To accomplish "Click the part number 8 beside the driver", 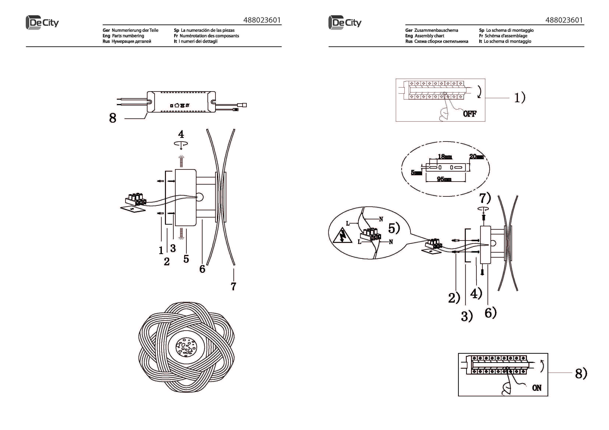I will pyautogui.click(x=113, y=118).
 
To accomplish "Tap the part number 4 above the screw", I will pyautogui.click(x=181, y=134).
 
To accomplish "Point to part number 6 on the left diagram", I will pyautogui.click(x=202, y=269).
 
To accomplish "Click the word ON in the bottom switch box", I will pyautogui.click(x=537, y=388).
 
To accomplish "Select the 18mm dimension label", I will pyautogui.click(x=445, y=157).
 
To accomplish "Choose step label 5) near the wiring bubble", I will pyautogui.click(x=394, y=228).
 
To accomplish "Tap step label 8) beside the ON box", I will pyautogui.click(x=581, y=374).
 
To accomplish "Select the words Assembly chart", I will pyautogui.click(x=429, y=36).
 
